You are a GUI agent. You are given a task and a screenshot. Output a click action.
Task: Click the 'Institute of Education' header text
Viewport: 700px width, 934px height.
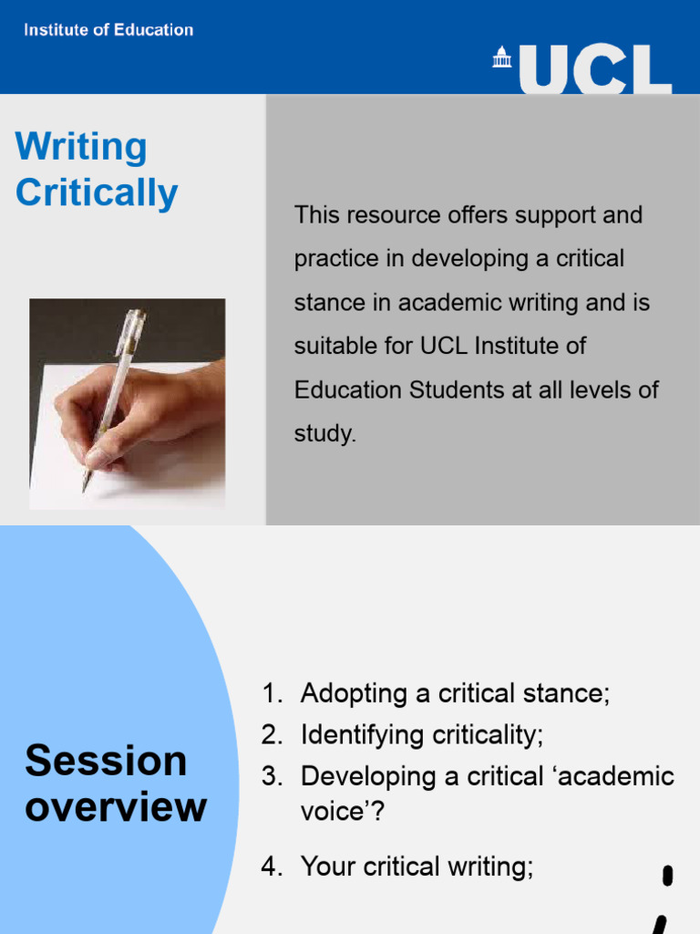pyautogui.click(x=108, y=30)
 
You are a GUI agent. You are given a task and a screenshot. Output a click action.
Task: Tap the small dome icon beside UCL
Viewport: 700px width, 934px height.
pyautogui.click(x=503, y=57)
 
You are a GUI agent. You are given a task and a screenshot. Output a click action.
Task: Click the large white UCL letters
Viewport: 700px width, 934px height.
pyautogui.click(x=598, y=69)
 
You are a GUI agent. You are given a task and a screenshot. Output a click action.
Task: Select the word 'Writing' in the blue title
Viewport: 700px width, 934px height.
pyautogui.click(x=81, y=148)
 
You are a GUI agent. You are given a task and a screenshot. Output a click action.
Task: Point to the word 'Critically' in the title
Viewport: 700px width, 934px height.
pyautogui.click(x=97, y=193)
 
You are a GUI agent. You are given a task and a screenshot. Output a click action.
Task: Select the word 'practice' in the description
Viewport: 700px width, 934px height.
pyautogui.click(x=333, y=259)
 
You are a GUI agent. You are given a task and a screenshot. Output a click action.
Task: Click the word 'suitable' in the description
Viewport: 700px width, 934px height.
pyautogui.click(x=330, y=347)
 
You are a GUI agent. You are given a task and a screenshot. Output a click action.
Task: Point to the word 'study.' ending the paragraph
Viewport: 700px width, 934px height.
pyautogui.click(x=324, y=434)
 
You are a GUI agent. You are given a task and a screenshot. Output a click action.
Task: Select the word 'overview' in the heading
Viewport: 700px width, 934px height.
pyautogui.click(x=116, y=807)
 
